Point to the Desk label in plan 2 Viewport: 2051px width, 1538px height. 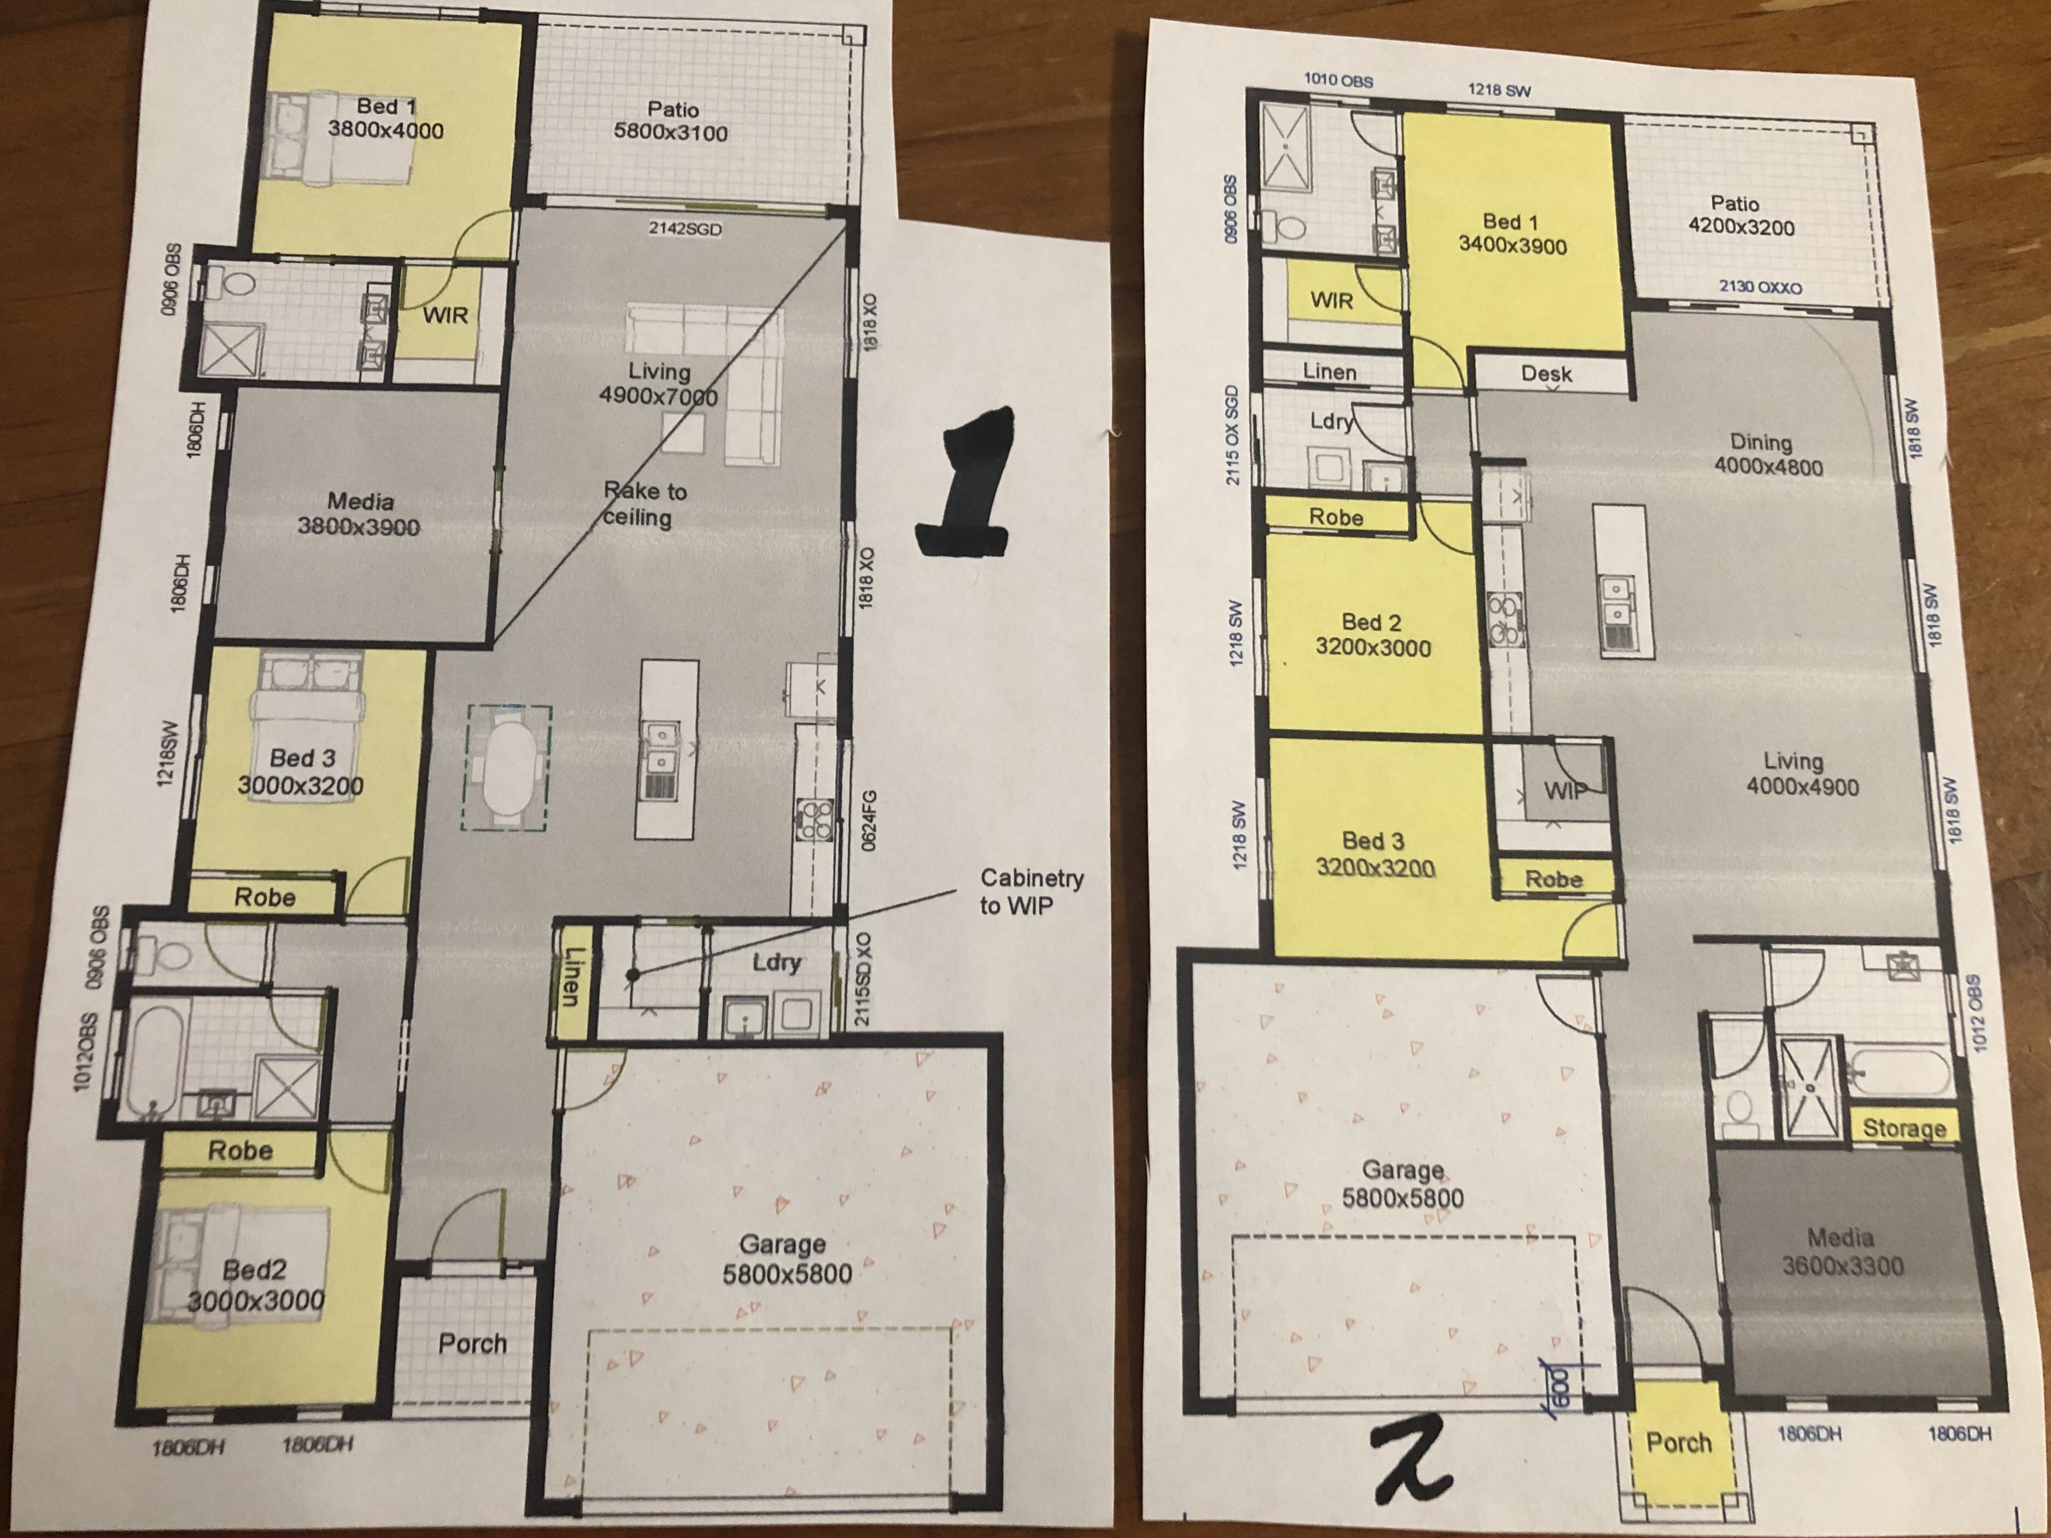1546,374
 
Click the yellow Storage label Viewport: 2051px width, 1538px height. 1903,1128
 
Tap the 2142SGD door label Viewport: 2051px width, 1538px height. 684,228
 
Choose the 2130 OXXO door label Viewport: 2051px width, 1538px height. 1760,287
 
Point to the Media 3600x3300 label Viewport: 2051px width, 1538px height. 1842,1252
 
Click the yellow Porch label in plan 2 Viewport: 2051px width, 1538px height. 1678,1442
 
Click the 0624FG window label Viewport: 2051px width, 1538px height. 868,820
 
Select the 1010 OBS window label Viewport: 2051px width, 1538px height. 1338,81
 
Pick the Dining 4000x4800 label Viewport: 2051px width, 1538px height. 1766,454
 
